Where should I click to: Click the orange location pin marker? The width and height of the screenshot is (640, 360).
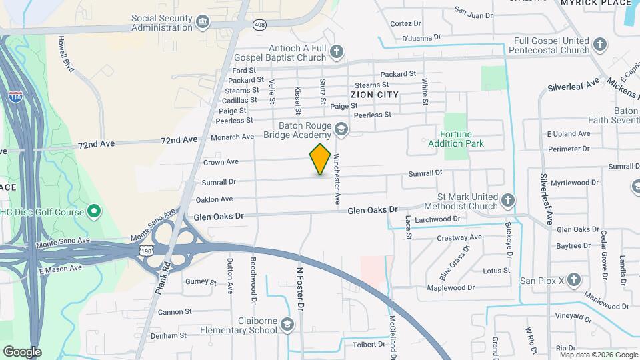320,159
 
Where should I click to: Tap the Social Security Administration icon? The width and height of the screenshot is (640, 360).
201,23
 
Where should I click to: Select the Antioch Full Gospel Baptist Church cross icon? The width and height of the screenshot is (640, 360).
337,51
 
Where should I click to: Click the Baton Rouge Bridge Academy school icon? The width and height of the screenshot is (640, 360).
341,129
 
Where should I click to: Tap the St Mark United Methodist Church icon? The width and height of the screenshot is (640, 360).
508,200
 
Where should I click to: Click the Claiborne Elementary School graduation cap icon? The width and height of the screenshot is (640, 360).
287,325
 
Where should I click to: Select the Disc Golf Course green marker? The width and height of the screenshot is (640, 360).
94,212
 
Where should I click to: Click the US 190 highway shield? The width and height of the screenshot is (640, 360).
147,249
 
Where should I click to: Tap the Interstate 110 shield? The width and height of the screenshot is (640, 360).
15,97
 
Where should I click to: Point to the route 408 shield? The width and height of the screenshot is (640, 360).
260,25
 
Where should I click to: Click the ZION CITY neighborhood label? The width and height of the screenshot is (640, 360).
374,95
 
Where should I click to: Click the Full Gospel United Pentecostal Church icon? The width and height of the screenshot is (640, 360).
600,45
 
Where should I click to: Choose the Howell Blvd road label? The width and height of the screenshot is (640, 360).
65,54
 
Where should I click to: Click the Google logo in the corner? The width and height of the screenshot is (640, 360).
22,351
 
